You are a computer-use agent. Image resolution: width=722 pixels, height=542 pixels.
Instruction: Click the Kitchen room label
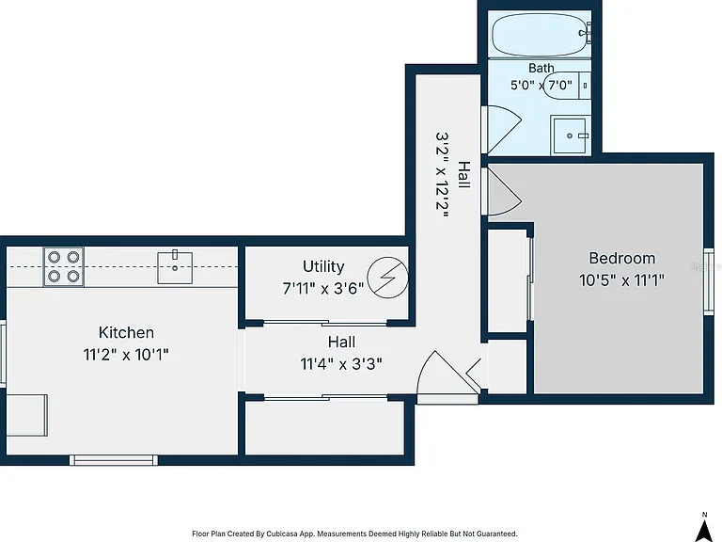coord(126,332)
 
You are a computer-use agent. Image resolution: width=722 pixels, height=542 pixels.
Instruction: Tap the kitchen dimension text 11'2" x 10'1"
coord(126,355)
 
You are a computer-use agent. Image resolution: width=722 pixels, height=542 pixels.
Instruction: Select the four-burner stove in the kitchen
coord(64,266)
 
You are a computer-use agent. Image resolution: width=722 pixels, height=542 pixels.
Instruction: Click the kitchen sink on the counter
coord(175,267)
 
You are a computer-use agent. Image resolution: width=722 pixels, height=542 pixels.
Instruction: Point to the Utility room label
coord(323,266)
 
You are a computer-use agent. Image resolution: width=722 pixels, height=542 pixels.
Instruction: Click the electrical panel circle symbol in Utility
coord(388,278)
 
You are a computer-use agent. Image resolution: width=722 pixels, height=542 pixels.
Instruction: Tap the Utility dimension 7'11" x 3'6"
coord(323,289)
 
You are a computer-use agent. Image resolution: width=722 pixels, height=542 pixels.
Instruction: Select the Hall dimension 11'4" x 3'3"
coord(341,364)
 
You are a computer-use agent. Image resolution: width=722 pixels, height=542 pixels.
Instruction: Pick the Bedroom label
coord(622,258)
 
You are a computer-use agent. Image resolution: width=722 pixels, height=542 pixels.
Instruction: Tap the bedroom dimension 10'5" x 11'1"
coord(622,280)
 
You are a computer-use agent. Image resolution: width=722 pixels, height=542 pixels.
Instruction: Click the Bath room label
coord(541,68)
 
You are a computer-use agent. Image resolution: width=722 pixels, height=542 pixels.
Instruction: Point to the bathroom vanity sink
coord(571,135)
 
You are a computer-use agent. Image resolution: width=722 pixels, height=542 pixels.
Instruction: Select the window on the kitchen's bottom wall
coord(114,460)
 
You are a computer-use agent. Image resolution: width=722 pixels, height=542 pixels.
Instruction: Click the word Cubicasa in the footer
coord(284,534)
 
